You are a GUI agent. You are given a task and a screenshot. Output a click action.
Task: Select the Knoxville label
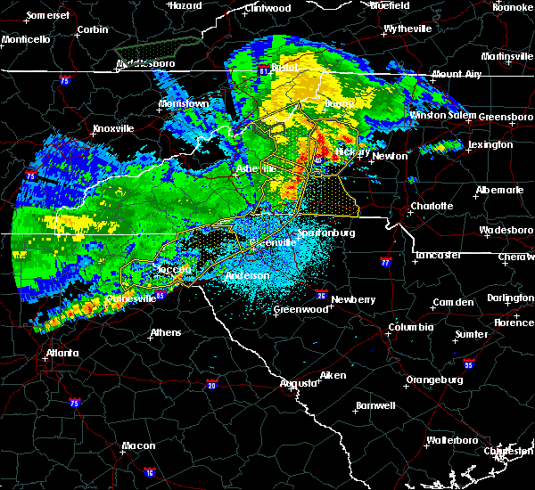point(112,128)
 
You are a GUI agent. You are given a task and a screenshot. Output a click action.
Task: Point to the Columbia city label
point(410,328)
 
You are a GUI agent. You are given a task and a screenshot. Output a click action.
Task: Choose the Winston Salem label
point(442,117)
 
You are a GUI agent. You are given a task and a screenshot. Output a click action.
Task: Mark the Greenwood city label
point(300,309)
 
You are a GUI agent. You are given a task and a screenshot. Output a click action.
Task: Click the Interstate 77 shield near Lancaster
point(385,263)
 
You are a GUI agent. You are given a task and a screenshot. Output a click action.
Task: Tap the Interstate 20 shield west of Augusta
point(211,384)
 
